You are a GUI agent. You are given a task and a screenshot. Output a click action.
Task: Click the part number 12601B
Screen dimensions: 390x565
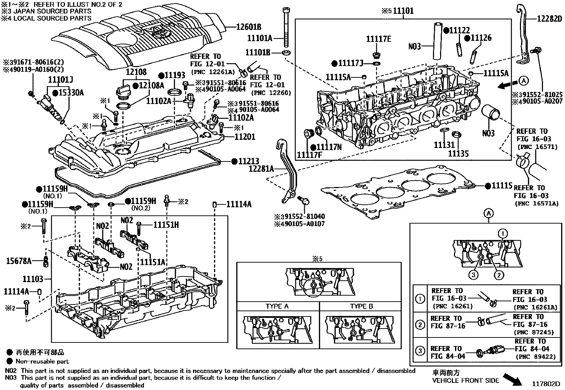(249, 27)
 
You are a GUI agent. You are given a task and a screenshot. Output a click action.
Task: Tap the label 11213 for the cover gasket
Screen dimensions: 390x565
(248, 161)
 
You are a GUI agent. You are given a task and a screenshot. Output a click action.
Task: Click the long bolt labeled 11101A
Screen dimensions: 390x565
(286, 27)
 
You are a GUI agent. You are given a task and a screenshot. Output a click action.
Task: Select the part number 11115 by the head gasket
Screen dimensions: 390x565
(502, 186)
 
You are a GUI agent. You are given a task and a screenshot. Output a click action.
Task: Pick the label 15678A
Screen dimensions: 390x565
(19, 261)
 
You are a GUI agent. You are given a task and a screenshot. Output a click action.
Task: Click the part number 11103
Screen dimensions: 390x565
(33, 279)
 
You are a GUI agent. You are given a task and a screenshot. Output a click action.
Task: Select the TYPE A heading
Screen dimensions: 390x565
(277, 306)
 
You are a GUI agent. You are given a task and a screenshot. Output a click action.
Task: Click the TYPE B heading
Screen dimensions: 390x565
(361, 306)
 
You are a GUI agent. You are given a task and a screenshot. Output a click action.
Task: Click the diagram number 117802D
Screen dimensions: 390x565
(545, 384)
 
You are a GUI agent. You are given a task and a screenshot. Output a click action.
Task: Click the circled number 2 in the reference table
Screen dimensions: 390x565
(420, 324)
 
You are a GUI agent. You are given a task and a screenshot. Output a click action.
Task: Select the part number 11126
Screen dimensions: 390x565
(481, 38)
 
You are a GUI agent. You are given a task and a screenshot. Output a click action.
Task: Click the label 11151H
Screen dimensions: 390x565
(166, 225)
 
